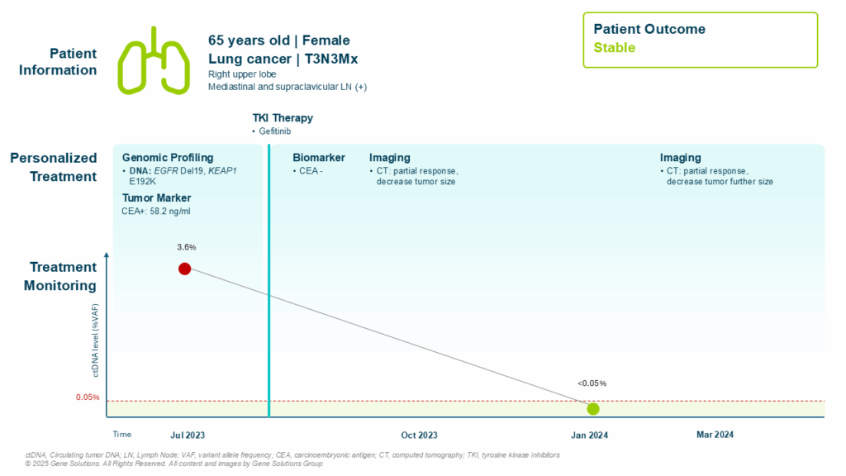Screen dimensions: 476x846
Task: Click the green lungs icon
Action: pos(154,59)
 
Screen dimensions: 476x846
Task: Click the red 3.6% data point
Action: pos(184,269)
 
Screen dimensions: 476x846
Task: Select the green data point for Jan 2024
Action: pos(592,408)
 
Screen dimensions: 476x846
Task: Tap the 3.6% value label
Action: pos(186,247)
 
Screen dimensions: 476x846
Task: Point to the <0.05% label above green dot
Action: pos(592,383)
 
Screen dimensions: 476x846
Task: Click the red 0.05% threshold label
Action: pos(88,397)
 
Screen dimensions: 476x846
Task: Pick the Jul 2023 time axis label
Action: pos(188,435)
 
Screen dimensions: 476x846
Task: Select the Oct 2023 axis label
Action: pos(419,435)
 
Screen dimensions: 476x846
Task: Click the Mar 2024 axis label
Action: pos(715,435)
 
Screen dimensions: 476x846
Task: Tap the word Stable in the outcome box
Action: pos(615,48)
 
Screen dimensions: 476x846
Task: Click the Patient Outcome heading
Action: pos(649,29)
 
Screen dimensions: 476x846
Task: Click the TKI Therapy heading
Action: pos(283,118)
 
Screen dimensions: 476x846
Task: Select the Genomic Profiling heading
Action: pos(168,158)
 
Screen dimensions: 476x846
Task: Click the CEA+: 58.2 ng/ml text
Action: pos(156,212)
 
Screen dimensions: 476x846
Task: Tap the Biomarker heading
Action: pos(319,158)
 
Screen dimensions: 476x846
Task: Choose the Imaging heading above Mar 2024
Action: pos(680,158)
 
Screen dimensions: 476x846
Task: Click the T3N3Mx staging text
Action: pos(328,59)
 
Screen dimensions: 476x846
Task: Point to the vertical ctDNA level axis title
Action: pos(97,340)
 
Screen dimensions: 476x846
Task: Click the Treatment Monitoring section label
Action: pos(64,276)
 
